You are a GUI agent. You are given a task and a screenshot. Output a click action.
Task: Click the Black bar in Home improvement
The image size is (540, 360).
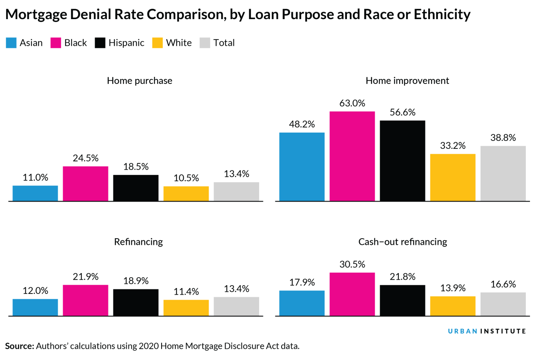[x=352, y=156]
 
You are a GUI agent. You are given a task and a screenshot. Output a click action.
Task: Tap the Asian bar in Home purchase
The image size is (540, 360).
[x=35, y=193]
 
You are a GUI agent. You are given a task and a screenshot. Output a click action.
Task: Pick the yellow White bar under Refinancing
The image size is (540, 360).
[x=186, y=308]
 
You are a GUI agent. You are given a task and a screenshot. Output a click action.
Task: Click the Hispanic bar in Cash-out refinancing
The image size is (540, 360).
[x=403, y=300]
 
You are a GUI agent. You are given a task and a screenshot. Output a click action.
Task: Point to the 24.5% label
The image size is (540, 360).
[x=86, y=158]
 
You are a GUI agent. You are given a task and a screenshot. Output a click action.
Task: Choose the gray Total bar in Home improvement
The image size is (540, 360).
[x=503, y=173]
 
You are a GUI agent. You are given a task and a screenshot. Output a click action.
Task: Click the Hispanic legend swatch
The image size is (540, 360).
[x=101, y=43]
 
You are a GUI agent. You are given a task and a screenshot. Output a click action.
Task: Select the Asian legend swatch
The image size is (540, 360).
[x=11, y=43]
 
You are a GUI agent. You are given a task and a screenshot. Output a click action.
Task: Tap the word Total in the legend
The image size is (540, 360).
[x=224, y=43]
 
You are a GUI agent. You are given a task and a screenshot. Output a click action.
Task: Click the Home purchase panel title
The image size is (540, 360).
[x=140, y=80]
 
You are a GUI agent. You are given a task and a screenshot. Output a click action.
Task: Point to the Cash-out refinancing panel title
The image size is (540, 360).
[x=403, y=242]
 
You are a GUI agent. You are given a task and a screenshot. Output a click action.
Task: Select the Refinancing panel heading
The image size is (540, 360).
[x=138, y=242]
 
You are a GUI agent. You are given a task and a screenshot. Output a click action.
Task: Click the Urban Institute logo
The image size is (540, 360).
[x=487, y=331]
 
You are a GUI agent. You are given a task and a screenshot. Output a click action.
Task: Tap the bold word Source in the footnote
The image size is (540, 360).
[x=19, y=346]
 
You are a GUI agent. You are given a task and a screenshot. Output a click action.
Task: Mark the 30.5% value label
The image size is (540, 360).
[x=352, y=264]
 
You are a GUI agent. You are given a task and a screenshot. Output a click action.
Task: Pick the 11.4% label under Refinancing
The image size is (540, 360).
[x=186, y=291]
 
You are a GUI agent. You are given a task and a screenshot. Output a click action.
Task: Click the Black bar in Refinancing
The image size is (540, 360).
[x=86, y=300]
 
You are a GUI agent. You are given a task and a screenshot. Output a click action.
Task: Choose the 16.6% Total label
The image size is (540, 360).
[x=503, y=284]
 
